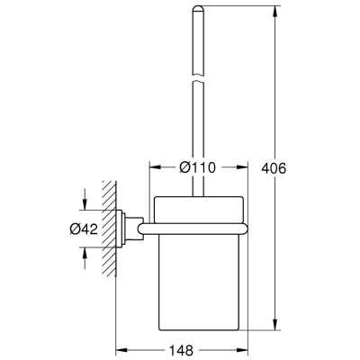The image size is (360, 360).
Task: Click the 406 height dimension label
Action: (274, 168)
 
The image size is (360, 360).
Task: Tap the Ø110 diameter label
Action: (198, 167)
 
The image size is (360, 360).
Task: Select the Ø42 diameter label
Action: (84, 229)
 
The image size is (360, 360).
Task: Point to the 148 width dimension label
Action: (181, 350)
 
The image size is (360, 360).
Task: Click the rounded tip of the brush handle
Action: (198, 9)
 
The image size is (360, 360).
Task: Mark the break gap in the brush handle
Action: (198, 77)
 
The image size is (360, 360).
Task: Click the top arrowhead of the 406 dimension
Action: (274, 12)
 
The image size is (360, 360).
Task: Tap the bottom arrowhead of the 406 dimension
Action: (274, 324)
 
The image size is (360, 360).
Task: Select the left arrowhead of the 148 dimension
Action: (122, 350)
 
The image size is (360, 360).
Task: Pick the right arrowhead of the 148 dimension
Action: (242, 350)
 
